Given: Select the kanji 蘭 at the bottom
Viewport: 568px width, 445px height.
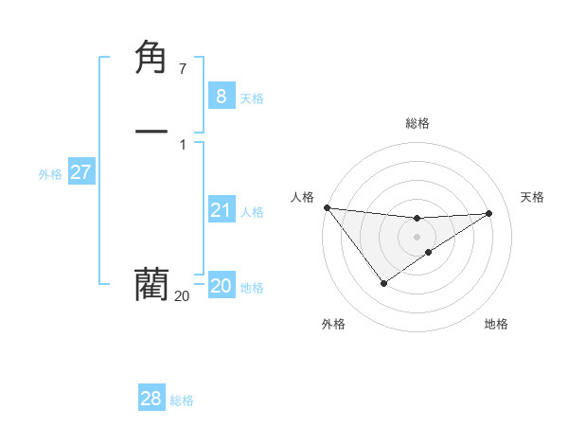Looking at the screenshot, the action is [x=152, y=283].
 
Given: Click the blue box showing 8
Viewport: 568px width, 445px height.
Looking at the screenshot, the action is [x=221, y=96].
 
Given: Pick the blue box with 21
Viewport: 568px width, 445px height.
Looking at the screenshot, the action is [x=221, y=210].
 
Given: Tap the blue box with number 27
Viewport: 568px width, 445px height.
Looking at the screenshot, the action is [x=81, y=172].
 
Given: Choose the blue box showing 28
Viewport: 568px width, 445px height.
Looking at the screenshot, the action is [x=151, y=399].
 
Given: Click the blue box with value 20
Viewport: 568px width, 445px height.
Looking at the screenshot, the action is [x=221, y=286].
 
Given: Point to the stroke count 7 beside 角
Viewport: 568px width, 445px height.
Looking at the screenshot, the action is [x=182, y=69].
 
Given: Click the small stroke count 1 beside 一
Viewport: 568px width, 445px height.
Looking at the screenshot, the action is [x=182, y=144].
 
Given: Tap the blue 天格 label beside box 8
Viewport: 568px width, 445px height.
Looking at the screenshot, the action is [x=252, y=98].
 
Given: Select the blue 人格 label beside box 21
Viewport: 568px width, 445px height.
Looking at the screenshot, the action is [x=253, y=212].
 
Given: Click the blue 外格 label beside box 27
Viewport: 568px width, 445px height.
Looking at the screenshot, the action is [x=50, y=174].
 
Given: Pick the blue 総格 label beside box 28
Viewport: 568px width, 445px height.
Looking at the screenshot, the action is [x=182, y=400].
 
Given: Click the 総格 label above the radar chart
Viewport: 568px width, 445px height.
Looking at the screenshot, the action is [x=417, y=123].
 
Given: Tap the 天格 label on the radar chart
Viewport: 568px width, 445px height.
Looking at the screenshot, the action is [x=533, y=197].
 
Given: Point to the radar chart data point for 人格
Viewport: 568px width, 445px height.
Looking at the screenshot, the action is [x=327, y=207].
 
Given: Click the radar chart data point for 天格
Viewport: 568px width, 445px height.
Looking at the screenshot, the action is [x=489, y=213].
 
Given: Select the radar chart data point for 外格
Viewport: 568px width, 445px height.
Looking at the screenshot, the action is [x=383, y=283].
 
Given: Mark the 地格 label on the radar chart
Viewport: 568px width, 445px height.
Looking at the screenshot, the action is [x=496, y=324].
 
